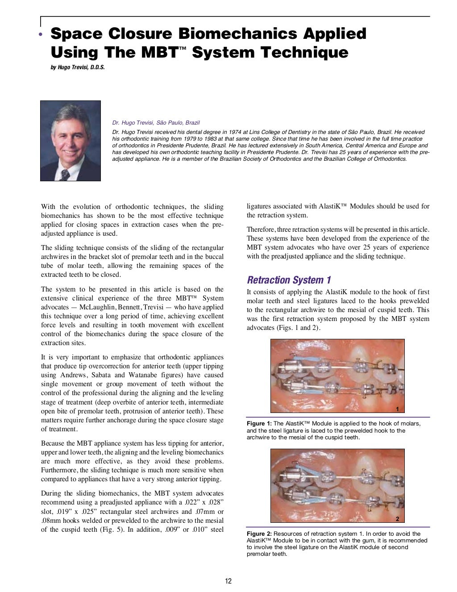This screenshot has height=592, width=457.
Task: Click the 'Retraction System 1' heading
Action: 289,280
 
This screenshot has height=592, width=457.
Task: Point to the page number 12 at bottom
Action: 228,581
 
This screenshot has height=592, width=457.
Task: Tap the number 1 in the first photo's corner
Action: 397,409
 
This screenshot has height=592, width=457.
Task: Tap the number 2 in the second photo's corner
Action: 397,519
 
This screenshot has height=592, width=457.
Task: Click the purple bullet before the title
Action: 41,35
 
